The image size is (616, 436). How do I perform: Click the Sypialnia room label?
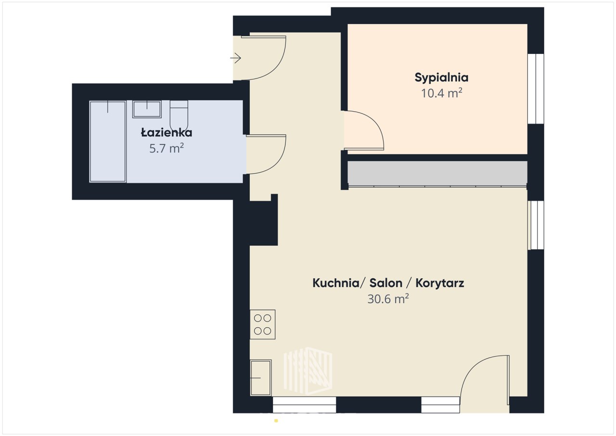coord(441,78)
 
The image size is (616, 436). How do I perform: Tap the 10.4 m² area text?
coord(441,93)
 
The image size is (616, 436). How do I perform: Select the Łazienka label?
coord(167,132)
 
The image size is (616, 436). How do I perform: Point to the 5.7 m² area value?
coord(167,148)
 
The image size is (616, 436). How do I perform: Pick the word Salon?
coord(386,283)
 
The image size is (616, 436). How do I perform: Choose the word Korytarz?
coord(440,283)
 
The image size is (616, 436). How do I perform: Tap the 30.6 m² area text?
coord(388,299)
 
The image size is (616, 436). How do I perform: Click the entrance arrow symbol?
coord(236,58)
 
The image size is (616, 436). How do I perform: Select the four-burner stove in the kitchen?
coord(263,324)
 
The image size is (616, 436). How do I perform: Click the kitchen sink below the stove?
coord(261,378)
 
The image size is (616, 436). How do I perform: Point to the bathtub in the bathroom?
coord(107,141)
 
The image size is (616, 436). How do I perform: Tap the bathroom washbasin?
coord(147,109)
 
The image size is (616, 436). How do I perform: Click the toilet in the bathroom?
coord(179,116)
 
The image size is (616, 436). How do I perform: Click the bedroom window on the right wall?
coord(536,89)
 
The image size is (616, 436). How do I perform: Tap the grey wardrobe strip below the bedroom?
coord(437,173)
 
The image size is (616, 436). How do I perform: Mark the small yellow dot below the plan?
coord(276,421)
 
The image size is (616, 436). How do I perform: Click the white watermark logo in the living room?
coord(308,371)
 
